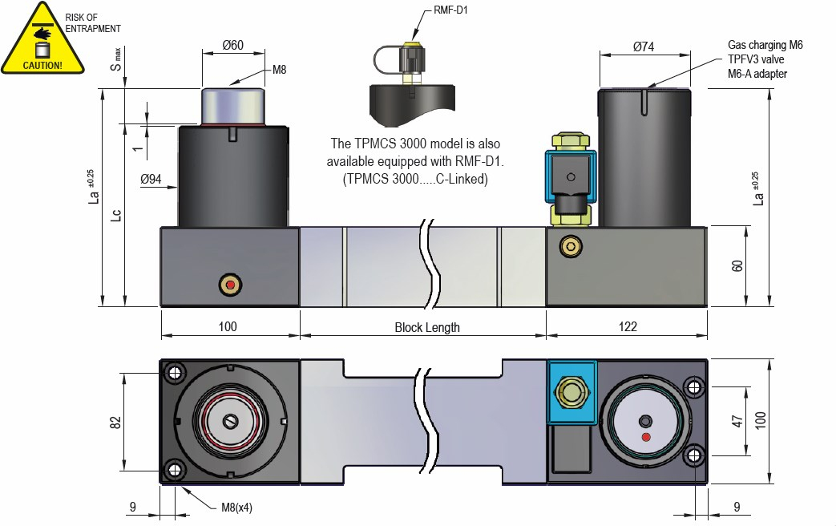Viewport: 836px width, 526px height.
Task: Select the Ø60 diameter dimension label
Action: pos(232,46)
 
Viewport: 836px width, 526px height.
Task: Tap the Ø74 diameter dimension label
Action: pos(644,47)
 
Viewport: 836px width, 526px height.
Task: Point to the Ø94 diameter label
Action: pos(151,180)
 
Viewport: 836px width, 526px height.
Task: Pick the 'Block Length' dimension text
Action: pos(427,327)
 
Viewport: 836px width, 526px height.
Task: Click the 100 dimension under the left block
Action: pos(228,327)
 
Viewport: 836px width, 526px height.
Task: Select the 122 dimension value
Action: pos(628,327)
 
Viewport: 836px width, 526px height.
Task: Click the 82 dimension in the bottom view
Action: pos(115,421)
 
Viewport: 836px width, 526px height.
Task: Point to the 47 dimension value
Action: pos(737,422)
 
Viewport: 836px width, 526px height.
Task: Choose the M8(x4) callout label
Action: pos(237,508)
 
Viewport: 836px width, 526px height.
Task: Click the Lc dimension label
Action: pos(116,215)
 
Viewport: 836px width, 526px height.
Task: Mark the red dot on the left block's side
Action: pos(231,285)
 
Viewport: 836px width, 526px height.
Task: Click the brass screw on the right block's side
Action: pos(571,246)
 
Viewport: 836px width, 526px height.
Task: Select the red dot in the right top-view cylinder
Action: pos(647,437)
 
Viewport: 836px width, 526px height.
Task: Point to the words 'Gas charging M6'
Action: pos(765,46)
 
